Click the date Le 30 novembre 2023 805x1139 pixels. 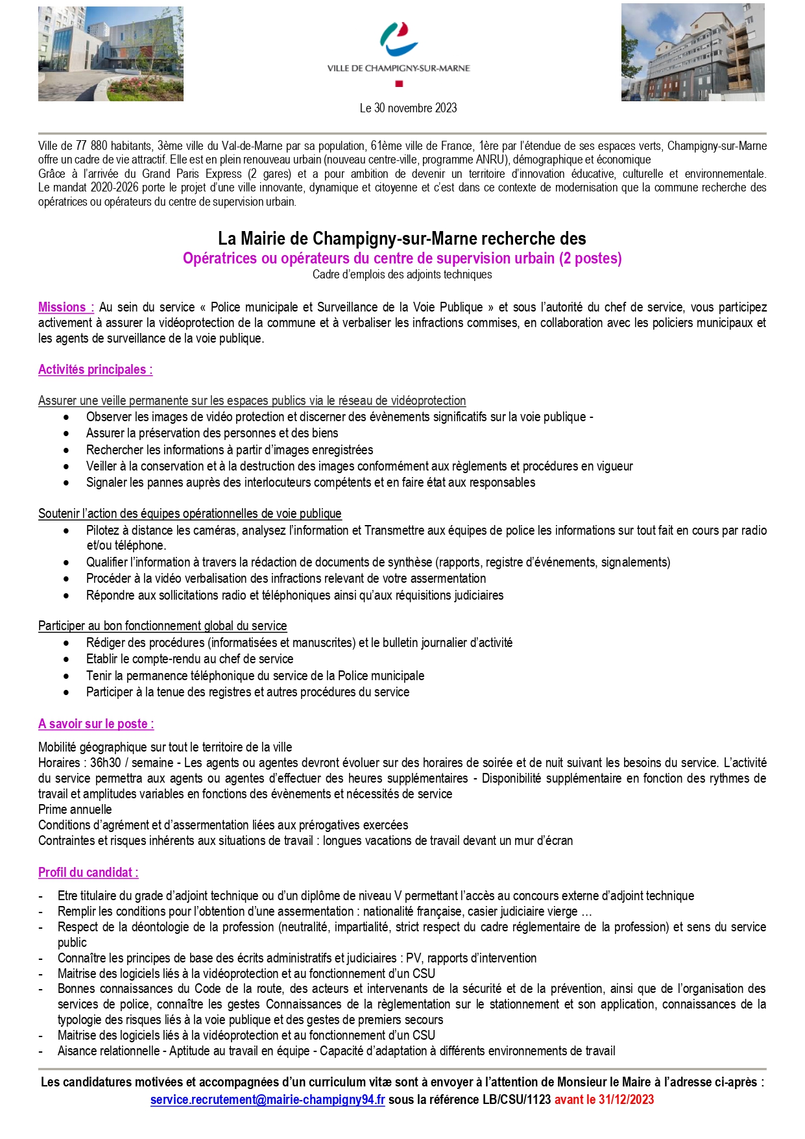pos(408,108)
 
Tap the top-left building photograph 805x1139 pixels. pos(111,54)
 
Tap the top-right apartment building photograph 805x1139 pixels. pos(693,52)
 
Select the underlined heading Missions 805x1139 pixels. pos(66,307)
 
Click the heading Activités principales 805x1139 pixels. pos(95,369)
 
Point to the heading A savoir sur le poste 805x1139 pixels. pos(96,724)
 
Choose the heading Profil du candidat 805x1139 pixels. pos(88,872)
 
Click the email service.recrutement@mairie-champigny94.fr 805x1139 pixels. pos(267,1099)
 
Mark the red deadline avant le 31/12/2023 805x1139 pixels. pos(604,1099)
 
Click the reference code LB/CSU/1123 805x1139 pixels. pos(516,1099)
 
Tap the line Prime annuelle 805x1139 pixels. pos(75,809)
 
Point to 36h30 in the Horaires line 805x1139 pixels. pos(105,763)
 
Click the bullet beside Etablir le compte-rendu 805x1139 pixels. pos(66,659)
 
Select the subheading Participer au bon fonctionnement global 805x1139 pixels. pos(162,626)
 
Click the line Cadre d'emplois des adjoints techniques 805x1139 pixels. pos(402,275)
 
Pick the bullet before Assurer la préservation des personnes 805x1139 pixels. pos(66,434)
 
